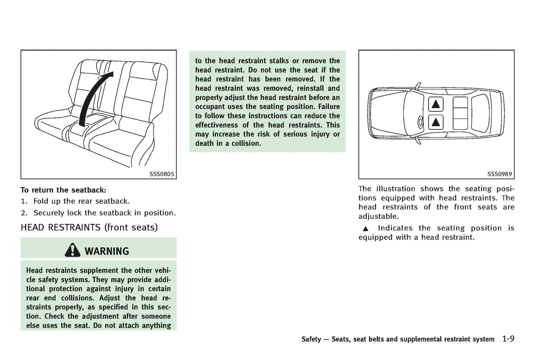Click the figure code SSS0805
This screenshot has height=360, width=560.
pos(162,174)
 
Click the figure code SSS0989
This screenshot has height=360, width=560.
pos(500,174)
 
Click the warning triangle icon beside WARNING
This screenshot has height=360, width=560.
pos(72,250)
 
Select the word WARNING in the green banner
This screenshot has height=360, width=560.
pos(107,251)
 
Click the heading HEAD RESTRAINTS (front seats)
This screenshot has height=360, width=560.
pos(89,227)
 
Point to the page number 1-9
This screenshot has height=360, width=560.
pos(508,339)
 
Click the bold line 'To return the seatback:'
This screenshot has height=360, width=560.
pos(63,190)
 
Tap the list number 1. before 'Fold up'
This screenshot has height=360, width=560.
pos(24,201)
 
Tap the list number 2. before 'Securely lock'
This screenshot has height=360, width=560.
pos(24,213)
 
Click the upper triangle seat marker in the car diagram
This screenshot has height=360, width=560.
pos(436,104)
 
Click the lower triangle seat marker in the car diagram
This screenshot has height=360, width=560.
pos(436,122)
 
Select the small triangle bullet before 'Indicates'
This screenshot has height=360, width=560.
pos(365,229)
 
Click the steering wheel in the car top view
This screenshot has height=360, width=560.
pos(420,122)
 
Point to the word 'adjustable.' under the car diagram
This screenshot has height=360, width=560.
pos(378,216)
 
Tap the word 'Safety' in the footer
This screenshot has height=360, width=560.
pos(311,339)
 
